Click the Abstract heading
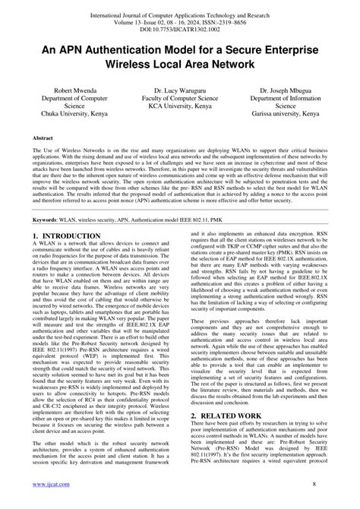pos(43,139)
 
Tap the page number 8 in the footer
pos(324,483)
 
